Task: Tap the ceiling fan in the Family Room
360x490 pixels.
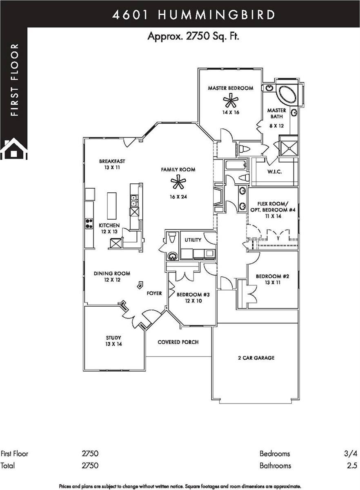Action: [x=178, y=183]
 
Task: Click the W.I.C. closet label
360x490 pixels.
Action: [x=275, y=171]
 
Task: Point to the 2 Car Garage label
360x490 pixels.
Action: [x=256, y=358]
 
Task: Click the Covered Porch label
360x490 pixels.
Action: [x=178, y=342]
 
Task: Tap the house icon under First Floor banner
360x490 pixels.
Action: [x=13, y=149]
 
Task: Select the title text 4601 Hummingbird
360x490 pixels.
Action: [x=193, y=15]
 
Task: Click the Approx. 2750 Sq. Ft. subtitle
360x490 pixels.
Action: [x=193, y=36]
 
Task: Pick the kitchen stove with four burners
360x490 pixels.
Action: [x=89, y=223]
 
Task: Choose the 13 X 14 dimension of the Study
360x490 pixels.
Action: [x=114, y=344]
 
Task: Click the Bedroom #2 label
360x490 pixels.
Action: [x=272, y=276]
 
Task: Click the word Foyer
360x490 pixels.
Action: [x=154, y=293]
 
